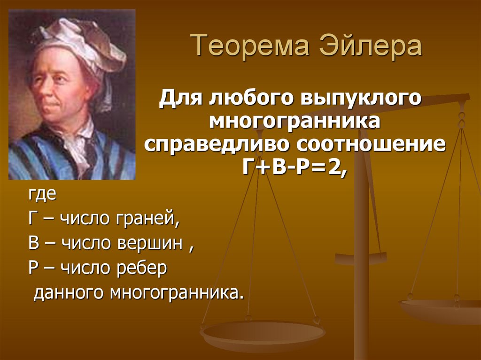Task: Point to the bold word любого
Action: click(x=247, y=100)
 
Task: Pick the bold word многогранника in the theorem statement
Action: click(x=295, y=122)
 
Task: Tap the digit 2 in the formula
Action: click(x=335, y=166)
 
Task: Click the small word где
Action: click(x=41, y=195)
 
